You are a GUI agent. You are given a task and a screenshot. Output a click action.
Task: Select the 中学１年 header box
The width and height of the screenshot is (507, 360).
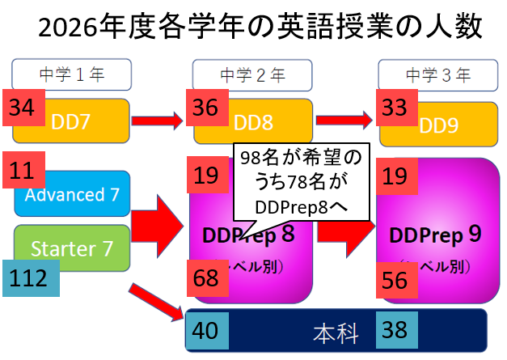tap(71, 76)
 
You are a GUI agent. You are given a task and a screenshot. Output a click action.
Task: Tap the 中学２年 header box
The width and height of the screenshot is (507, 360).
tap(252, 76)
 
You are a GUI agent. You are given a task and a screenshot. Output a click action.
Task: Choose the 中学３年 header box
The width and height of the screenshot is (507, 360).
tap(437, 76)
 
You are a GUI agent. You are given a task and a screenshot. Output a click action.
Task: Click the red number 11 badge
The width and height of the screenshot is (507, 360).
tap(21, 171)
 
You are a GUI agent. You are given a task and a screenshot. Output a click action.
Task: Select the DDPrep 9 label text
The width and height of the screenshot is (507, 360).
tap(436, 235)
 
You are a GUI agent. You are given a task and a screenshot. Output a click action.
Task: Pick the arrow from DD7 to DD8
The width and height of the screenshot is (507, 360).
tap(157, 121)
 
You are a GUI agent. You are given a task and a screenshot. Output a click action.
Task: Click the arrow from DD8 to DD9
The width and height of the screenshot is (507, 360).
tap(343, 120)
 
